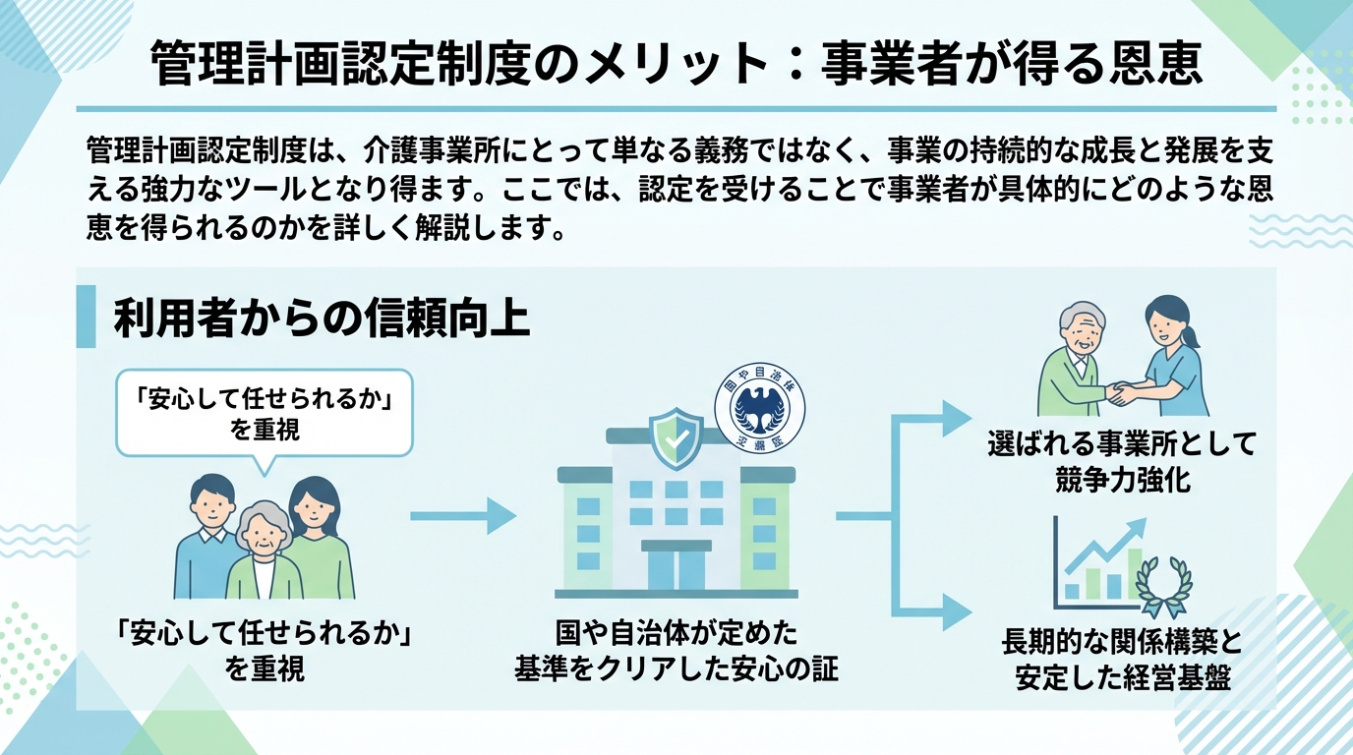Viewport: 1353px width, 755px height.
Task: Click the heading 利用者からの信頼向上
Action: click(x=322, y=319)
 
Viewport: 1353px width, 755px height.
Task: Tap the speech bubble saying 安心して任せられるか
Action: click(x=263, y=412)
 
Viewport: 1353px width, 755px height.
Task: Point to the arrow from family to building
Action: click(x=462, y=515)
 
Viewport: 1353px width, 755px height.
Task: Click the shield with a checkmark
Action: click(x=676, y=439)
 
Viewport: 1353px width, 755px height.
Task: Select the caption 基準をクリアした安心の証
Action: click(x=676, y=669)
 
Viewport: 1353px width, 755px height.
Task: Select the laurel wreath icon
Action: click(x=1163, y=588)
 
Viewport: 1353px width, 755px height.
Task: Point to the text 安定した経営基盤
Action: click(x=1122, y=678)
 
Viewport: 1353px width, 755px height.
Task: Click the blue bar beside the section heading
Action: click(x=86, y=317)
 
